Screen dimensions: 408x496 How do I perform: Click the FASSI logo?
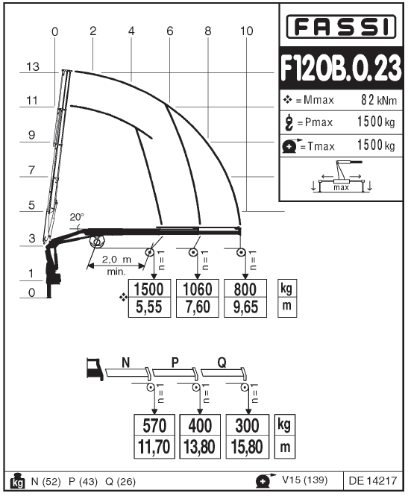341,26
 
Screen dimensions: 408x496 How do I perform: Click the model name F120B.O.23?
341,68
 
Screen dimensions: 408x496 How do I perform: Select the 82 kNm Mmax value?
379,100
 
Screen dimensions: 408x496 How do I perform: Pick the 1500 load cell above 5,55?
149,289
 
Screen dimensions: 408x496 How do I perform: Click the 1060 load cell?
198,289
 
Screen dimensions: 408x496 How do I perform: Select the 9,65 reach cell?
245,307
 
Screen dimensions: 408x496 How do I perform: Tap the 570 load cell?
154,425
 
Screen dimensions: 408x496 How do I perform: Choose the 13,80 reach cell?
200,447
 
